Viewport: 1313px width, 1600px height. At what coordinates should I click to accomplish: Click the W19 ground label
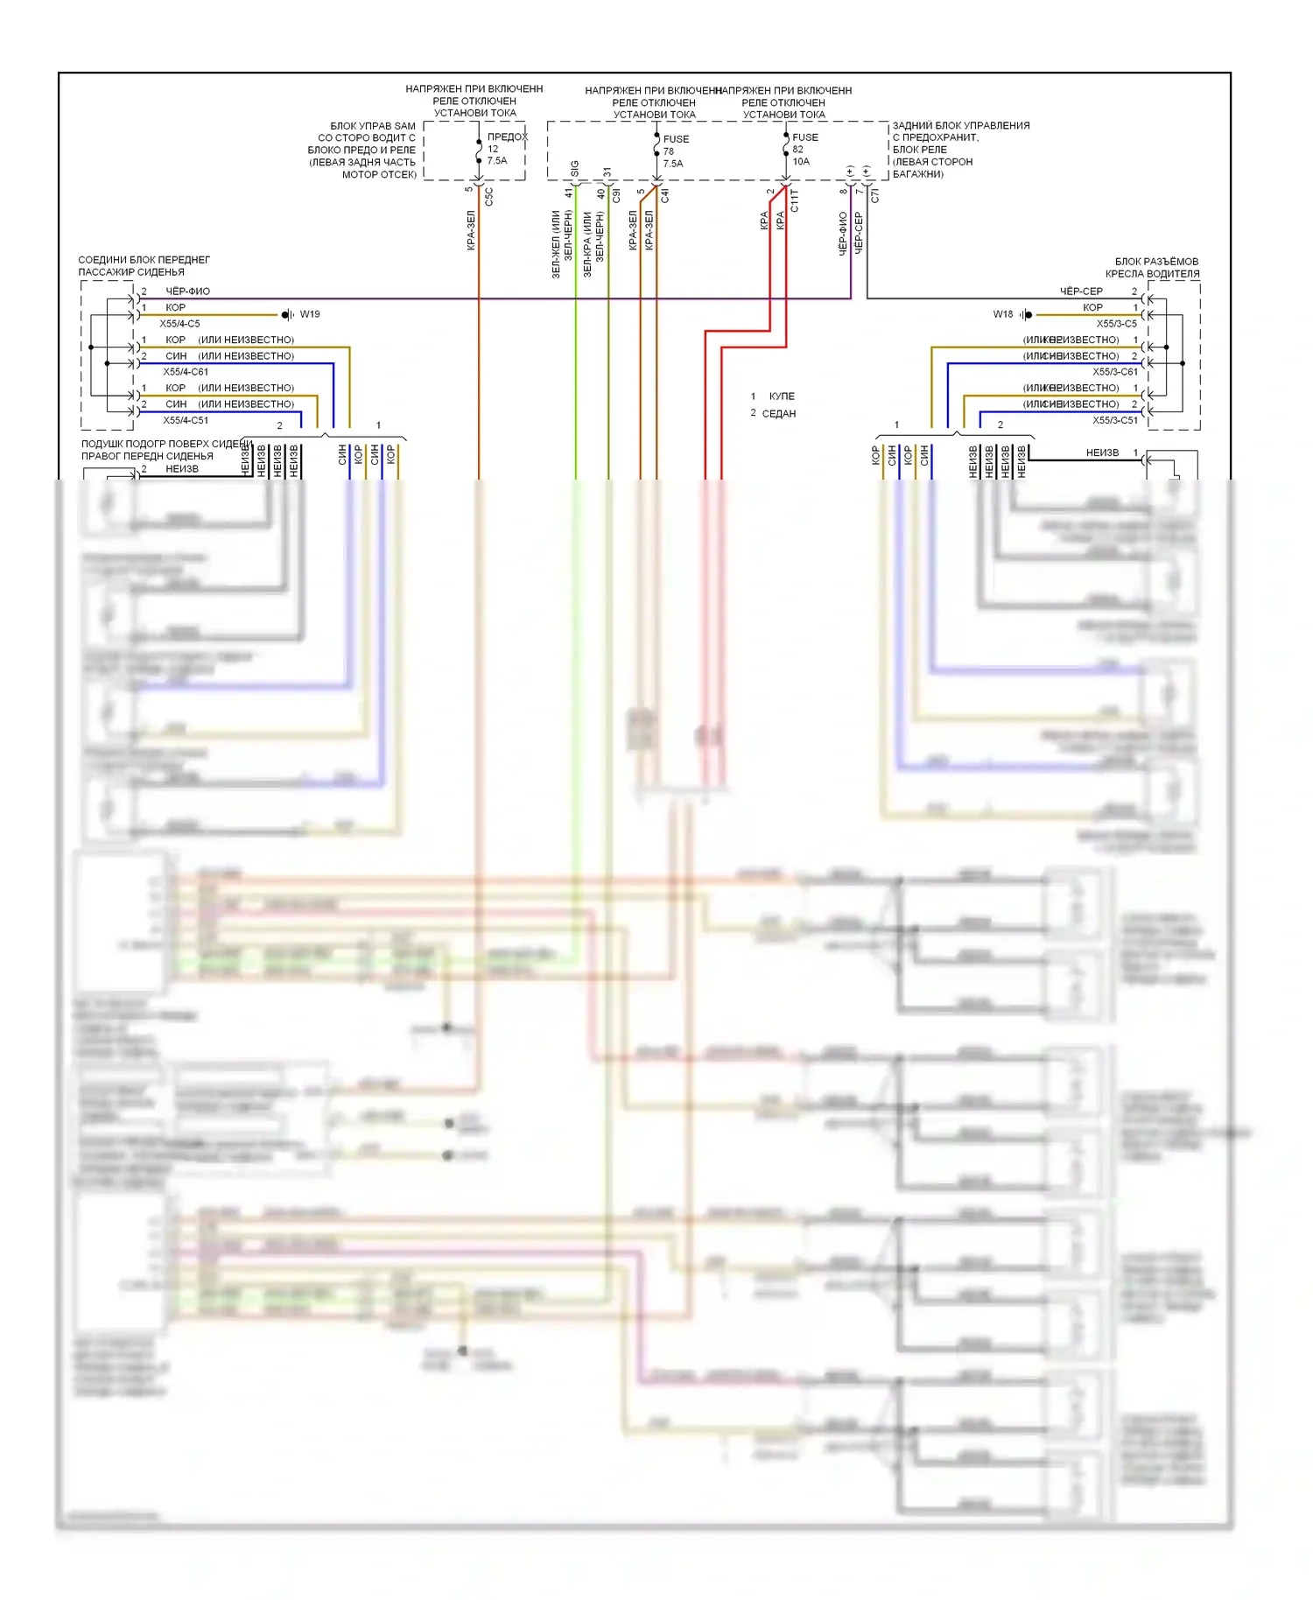pos(310,314)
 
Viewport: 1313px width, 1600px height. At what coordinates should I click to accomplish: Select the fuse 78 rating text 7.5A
pos(673,164)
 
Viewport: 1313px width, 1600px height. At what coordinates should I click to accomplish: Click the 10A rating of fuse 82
pos(801,162)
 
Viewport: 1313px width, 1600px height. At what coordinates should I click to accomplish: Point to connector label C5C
pos(488,197)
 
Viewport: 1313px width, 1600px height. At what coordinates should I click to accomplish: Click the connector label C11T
pos(795,200)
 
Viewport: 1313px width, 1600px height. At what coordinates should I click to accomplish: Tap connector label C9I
pos(616,196)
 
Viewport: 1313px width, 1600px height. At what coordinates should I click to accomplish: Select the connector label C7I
pos(874,196)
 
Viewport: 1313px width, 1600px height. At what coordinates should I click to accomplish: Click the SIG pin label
pos(575,168)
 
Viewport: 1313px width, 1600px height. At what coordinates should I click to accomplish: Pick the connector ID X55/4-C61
pos(186,372)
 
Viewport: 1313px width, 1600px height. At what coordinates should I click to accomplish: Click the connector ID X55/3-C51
pos(1115,420)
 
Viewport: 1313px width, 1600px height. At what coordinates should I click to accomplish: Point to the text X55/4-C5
pos(179,324)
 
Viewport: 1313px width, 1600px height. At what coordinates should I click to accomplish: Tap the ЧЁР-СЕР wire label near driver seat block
pos(1081,291)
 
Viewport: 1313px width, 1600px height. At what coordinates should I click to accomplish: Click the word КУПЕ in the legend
pos(782,396)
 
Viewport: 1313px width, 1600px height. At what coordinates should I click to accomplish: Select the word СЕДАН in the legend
pos(779,414)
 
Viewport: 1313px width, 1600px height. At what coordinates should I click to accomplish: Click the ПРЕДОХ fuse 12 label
pos(507,137)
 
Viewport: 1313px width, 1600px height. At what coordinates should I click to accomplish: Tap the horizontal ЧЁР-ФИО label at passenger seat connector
pos(187,291)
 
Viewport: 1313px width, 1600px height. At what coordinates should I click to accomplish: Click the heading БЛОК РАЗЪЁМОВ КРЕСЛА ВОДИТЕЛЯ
pos(1155,268)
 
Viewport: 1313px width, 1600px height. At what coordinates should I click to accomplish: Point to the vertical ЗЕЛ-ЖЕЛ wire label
pos(556,244)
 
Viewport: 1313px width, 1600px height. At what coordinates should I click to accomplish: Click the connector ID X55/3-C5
pos(1117,324)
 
